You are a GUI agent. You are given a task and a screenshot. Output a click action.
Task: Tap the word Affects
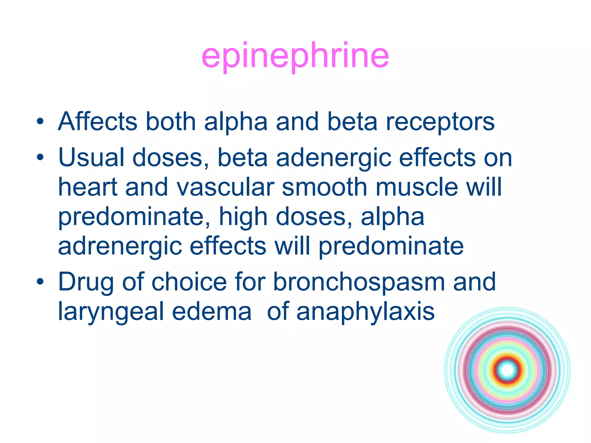pyautogui.click(x=98, y=121)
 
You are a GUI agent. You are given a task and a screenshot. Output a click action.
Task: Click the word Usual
pyautogui.click(x=91, y=157)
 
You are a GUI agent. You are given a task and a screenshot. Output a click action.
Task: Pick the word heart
pyautogui.click(x=88, y=187)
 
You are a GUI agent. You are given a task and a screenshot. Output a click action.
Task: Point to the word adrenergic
pyautogui.click(x=120, y=247)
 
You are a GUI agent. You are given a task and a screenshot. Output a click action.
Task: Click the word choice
pyautogui.click(x=189, y=282)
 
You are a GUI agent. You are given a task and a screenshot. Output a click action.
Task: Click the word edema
pyautogui.click(x=212, y=311)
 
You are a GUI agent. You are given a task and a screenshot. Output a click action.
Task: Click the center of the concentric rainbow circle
pyautogui.click(x=507, y=370)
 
